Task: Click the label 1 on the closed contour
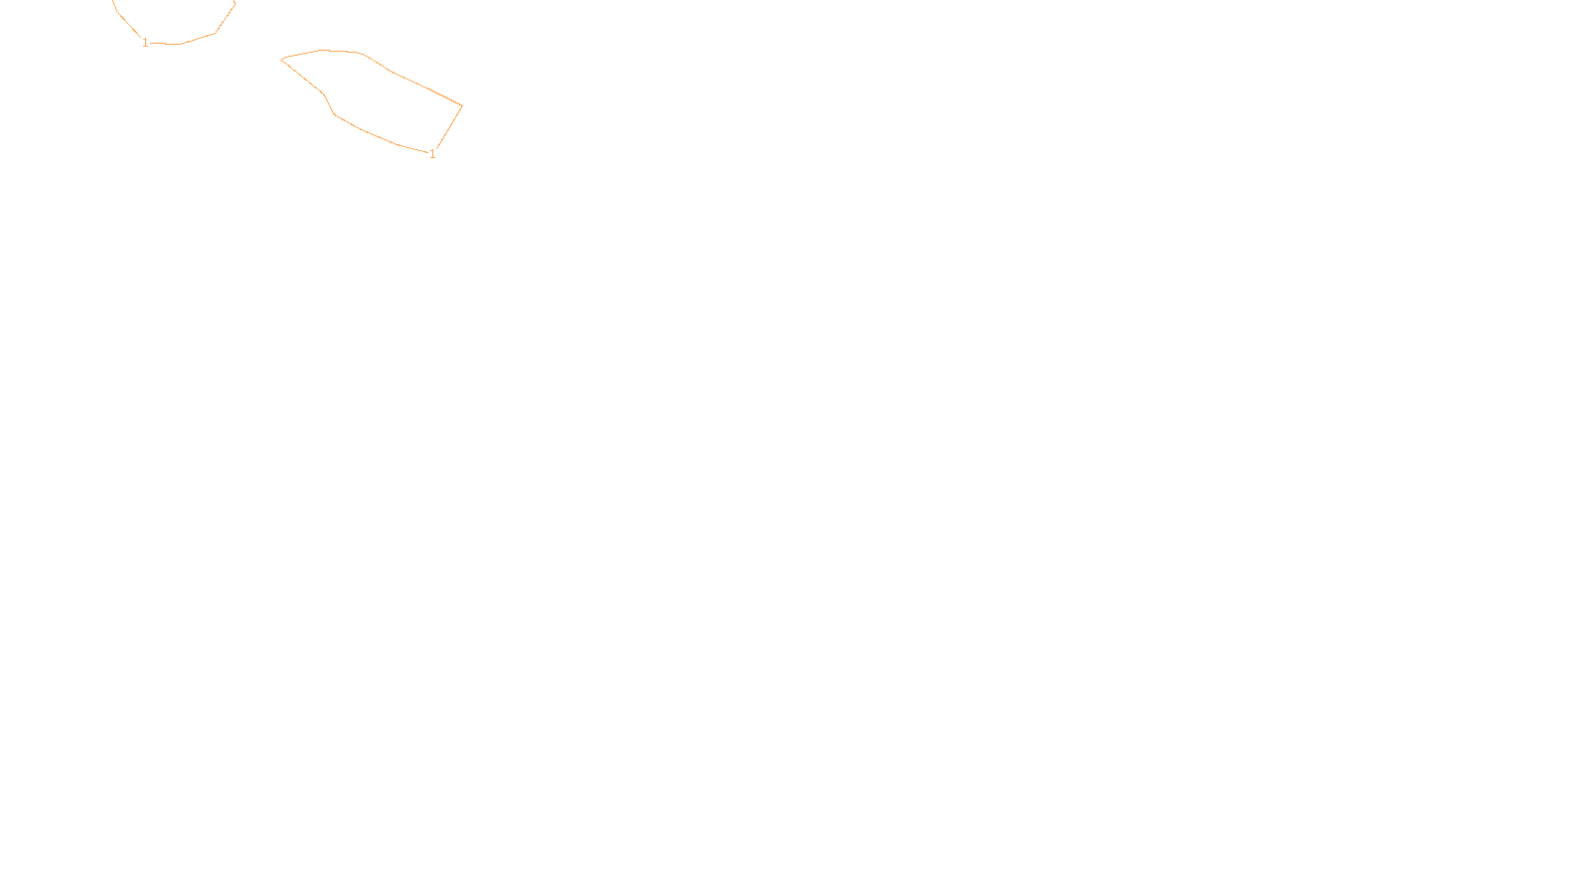[x=432, y=154]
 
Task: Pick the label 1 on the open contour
[x=145, y=43]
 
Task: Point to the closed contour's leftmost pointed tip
[x=282, y=60]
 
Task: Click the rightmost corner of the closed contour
[x=462, y=105]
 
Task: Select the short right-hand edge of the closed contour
[x=449, y=127]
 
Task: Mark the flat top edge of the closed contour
[x=339, y=51]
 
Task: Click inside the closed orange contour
[x=378, y=99]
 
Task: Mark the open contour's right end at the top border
[x=235, y=3]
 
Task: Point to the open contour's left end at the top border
[x=114, y=3]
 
